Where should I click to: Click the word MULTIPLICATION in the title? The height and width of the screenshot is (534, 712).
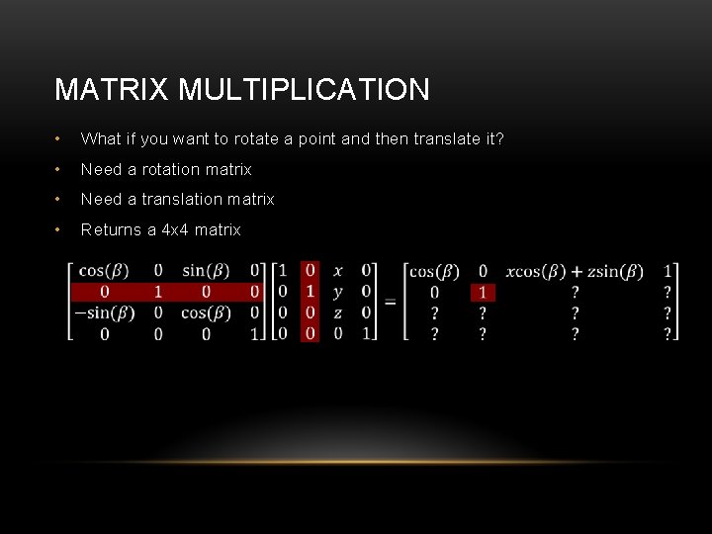pos(305,90)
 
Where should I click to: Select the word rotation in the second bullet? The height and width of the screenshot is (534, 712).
pos(183,169)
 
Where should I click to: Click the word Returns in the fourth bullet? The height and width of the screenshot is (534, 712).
pos(111,229)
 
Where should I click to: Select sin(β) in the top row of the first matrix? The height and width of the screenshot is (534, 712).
pos(206,270)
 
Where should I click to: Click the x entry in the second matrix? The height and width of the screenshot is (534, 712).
pos(338,270)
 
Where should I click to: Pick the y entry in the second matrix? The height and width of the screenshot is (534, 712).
pos(338,292)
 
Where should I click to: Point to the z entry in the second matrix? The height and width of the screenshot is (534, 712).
pos(338,312)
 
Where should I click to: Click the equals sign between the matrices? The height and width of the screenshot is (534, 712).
pos(391,302)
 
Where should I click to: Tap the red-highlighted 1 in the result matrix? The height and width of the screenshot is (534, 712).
pos(483,292)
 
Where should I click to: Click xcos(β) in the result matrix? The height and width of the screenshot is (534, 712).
pos(535,270)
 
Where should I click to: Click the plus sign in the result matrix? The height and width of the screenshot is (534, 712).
pos(576,270)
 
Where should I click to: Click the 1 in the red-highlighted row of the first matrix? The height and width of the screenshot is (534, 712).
pos(157,292)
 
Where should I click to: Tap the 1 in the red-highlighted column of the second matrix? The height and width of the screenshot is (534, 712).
pos(311,292)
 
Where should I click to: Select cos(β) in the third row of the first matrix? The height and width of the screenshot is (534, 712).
pos(206,312)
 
